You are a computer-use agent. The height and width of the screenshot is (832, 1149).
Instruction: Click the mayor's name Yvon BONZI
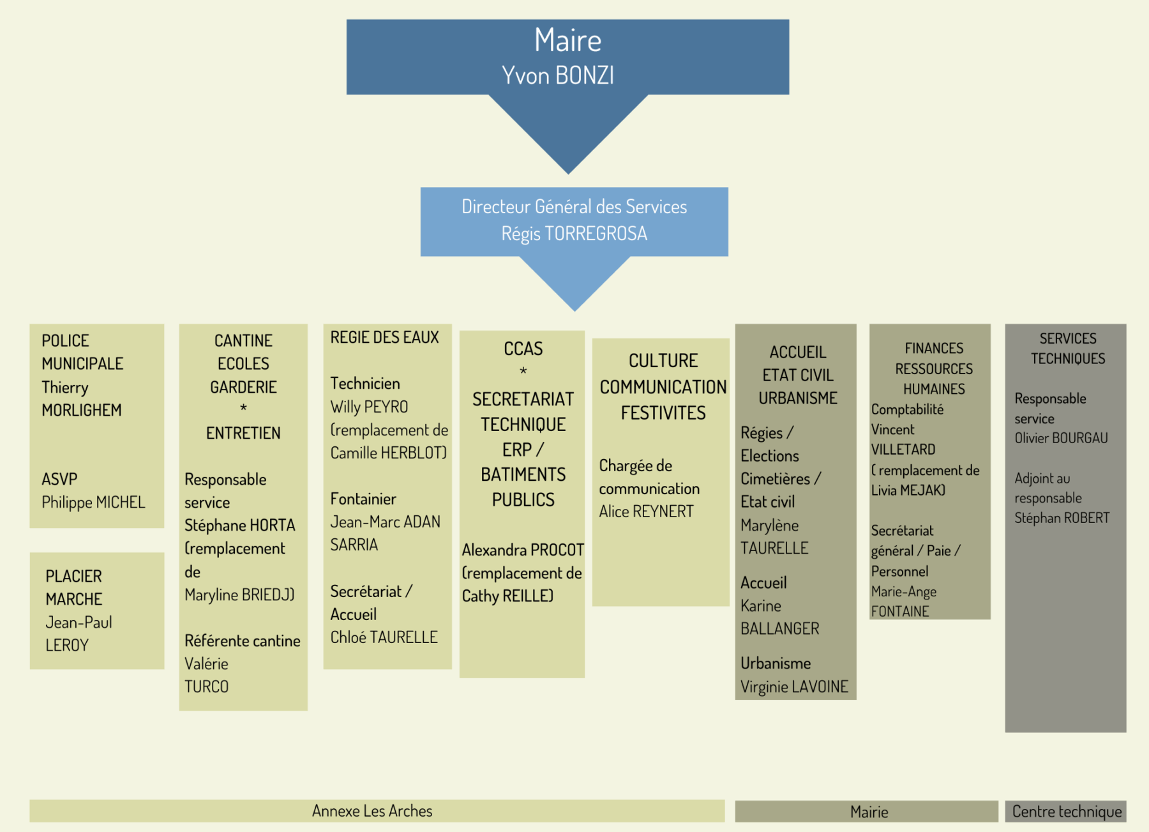point(558,75)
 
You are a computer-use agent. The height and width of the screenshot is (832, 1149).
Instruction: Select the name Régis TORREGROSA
point(574,234)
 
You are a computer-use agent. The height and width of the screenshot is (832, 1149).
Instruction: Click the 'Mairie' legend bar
point(869,812)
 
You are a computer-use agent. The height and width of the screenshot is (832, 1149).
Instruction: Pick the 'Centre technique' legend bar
point(1066,812)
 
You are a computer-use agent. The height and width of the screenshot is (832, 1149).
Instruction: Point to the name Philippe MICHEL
point(93,503)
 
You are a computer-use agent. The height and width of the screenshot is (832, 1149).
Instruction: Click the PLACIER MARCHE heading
point(74,587)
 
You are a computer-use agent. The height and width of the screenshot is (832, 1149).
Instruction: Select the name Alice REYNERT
point(646,511)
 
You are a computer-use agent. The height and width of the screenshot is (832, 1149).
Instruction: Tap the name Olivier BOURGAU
point(1061,438)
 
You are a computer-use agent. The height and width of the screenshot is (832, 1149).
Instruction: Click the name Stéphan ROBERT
point(1062,518)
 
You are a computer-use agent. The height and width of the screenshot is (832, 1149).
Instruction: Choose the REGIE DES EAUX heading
point(384,337)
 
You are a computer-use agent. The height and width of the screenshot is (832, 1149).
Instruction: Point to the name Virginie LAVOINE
point(794,686)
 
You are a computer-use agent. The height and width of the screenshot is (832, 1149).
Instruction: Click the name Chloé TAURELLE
point(384,637)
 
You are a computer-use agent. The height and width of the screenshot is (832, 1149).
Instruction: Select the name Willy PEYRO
point(369,407)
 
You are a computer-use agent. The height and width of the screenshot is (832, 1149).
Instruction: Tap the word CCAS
point(523,349)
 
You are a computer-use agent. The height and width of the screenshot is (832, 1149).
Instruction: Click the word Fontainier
point(363,499)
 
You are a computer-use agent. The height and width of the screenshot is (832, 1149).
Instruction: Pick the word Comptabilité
point(907,409)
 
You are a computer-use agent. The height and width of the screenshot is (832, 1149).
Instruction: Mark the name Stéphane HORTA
point(239,526)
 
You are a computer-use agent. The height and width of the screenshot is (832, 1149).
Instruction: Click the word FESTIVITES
point(663,413)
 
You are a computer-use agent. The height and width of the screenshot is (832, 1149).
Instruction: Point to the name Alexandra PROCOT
point(523,550)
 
